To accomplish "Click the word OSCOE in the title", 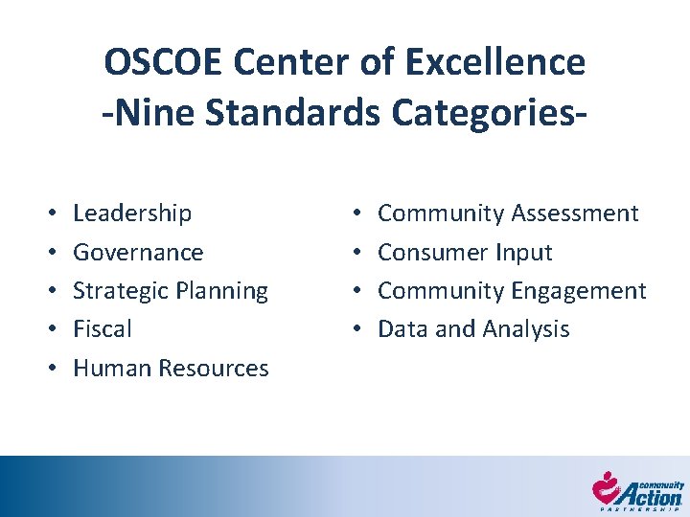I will point(165,62).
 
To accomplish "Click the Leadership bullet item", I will point(132,214).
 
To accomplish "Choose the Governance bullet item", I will point(138,253).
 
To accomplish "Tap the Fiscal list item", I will point(102,329).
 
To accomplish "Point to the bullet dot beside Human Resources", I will point(50,369).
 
